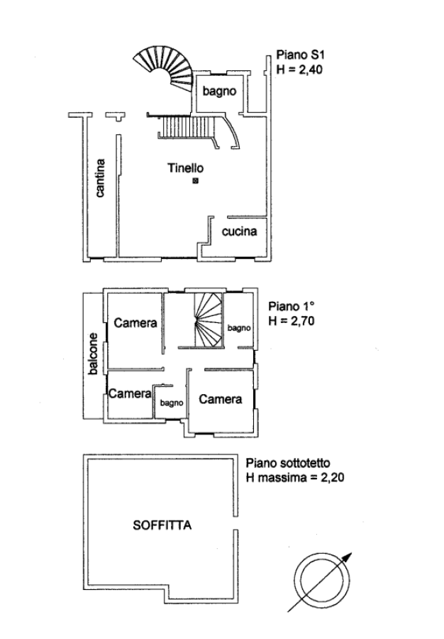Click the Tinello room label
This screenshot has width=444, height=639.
pyautogui.click(x=186, y=168)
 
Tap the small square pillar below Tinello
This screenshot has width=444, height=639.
pyautogui.click(x=195, y=180)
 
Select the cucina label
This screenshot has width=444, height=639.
pyautogui.click(x=239, y=231)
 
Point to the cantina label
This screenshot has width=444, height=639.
pyautogui.click(x=100, y=178)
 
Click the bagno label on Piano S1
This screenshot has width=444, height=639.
pyautogui.click(x=219, y=92)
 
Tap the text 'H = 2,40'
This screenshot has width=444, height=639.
pyautogui.click(x=299, y=70)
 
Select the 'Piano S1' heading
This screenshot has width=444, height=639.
pyautogui.click(x=300, y=55)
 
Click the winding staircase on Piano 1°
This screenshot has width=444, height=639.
pyautogui.click(x=209, y=320)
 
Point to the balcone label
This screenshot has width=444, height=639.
pyautogui.click(x=94, y=354)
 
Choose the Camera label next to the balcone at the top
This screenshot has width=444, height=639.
pyautogui.click(x=135, y=323)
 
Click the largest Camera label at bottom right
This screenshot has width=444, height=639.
pyautogui.click(x=220, y=399)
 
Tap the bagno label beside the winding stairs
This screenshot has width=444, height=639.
pyautogui.click(x=239, y=328)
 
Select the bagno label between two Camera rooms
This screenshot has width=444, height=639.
pyautogui.click(x=172, y=403)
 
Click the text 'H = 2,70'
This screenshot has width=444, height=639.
pyautogui.click(x=292, y=321)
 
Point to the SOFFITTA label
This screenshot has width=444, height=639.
pyautogui.click(x=162, y=525)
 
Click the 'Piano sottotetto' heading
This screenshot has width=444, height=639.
pyautogui.click(x=288, y=463)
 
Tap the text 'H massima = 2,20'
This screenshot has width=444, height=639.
pyautogui.click(x=295, y=477)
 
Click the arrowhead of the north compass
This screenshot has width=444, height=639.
pyautogui.click(x=347, y=557)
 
